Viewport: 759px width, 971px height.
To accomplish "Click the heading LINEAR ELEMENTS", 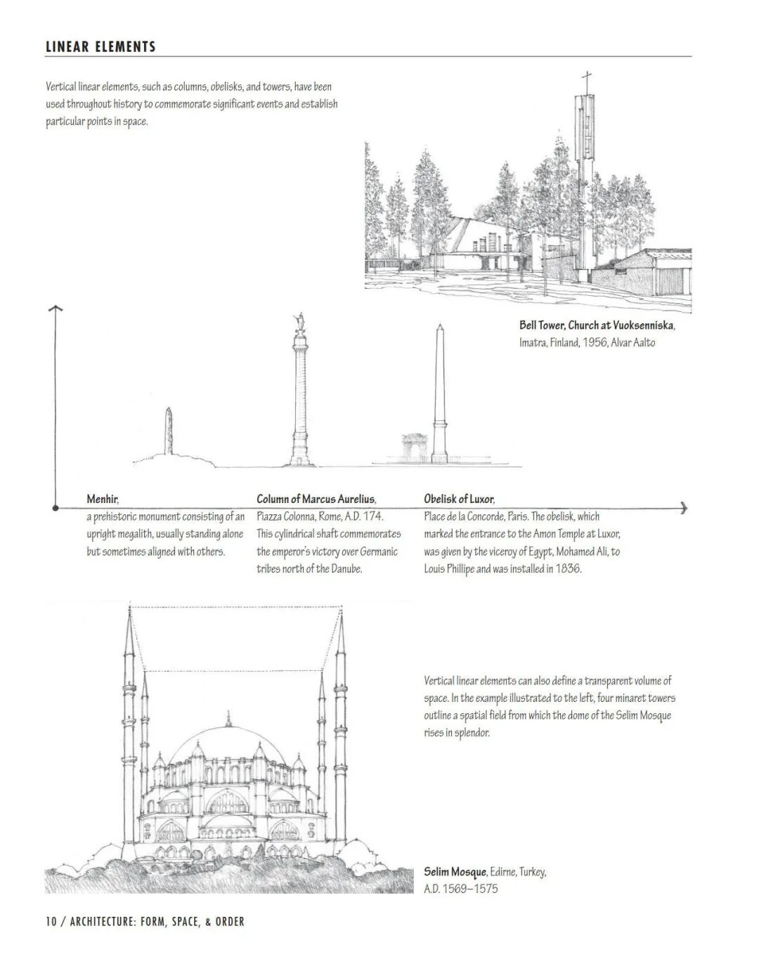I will click(x=100, y=47).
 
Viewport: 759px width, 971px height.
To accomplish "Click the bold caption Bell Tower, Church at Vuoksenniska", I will click(x=597, y=325).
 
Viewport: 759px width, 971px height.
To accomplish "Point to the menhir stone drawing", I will click(x=169, y=432).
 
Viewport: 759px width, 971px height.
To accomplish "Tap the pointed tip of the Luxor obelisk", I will click(x=440, y=327).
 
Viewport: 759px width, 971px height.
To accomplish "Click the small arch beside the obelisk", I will click(x=415, y=447).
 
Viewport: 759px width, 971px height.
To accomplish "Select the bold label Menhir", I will click(x=103, y=500).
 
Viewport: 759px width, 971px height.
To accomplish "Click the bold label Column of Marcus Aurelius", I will click(x=316, y=500).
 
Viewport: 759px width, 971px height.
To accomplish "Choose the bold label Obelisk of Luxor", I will click(x=458, y=500).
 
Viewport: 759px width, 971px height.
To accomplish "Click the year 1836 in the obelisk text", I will click(x=568, y=568).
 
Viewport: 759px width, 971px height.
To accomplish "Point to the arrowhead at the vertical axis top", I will click(x=55, y=309).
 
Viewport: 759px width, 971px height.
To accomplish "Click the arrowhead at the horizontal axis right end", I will click(x=684, y=508).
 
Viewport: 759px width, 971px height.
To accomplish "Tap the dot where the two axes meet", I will click(x=55, y=507).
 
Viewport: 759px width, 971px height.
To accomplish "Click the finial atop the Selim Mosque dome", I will click(x=228, y=718).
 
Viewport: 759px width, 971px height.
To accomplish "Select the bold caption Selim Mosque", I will click(x=455, y=872).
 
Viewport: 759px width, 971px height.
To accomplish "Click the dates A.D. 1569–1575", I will click(x=460, y=889).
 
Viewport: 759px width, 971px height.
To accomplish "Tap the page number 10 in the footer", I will click(x=51, y=921).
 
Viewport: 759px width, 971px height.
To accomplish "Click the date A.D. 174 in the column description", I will click(x=363, y=516).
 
